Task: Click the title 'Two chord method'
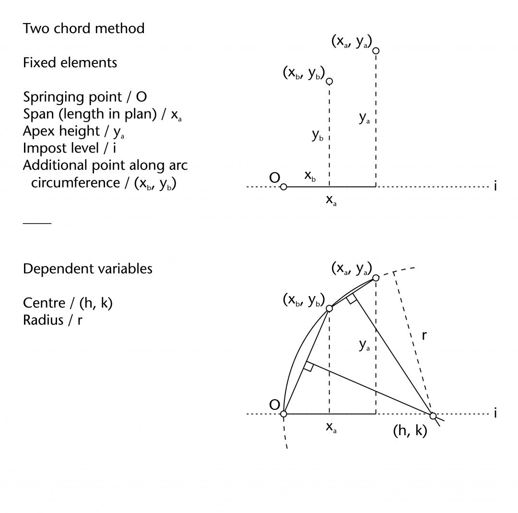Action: [x=83, y=28]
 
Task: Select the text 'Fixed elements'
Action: [x=70, y=62]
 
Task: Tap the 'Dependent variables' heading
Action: [x=87, y=269]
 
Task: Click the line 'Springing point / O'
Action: [x=85, y=97]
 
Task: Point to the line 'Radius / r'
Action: [x=52, y=320]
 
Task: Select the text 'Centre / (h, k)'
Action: [x=68, y=303]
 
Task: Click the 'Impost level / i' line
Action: [x=70, y=148]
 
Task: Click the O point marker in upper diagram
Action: [x=283, y=187]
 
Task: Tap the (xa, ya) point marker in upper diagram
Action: [x=376, y=51]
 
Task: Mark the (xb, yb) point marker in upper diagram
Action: [x=330, y=82]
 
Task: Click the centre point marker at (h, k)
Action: [x=433, y=416]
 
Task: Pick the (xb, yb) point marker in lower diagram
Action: [x=330, y=309]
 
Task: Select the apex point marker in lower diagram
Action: [x=376, y=278]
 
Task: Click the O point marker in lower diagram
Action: [x=283, y=414]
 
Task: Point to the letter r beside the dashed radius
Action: [x=424, y=336]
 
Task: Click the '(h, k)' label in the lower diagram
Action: [x=410, y=431]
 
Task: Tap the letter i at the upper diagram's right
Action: [x=495, y=186]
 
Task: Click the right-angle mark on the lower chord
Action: [x=309, y=367]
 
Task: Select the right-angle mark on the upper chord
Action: [x=351, y=299]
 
